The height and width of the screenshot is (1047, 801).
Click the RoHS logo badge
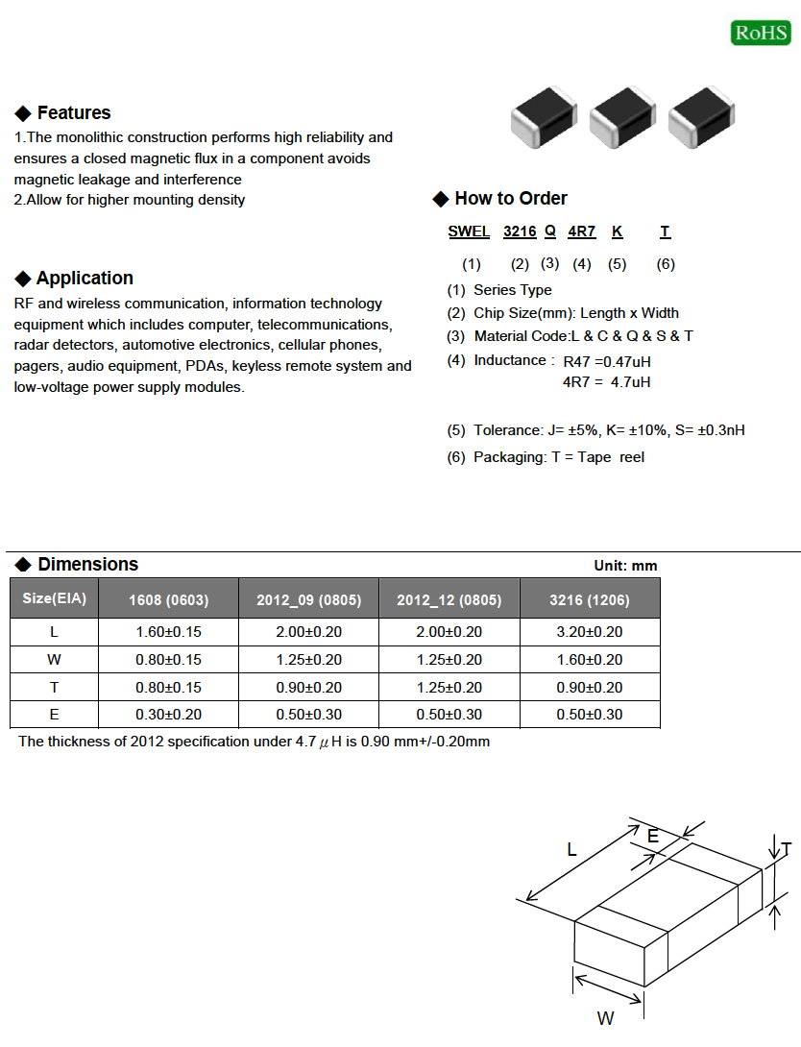(761, 33)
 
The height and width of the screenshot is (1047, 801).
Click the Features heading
(73, 113)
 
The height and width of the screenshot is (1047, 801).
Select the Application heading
(85, 279)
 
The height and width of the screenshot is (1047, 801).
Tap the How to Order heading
(510, 199)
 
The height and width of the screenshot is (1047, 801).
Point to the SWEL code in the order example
(470, 231)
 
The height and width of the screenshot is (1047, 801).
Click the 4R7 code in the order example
(582, 231)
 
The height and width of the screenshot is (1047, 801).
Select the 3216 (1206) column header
(590, 600)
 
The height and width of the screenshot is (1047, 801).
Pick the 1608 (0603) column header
(169, 600)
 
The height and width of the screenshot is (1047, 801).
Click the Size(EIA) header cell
(55, 598)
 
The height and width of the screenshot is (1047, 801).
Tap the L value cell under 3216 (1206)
(590, 632)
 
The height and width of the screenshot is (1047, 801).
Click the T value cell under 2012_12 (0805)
(449, 688)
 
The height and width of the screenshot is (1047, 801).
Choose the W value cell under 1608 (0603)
(169, 660)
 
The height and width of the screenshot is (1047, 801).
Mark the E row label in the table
(55, 715)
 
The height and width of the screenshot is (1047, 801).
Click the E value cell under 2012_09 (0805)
(308, 715)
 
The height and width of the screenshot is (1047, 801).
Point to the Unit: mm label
(625, 566)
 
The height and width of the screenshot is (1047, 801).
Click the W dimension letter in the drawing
(605, 1019)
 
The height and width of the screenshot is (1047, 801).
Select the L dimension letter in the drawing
(571, 850)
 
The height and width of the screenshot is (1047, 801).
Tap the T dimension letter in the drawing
(786, 850)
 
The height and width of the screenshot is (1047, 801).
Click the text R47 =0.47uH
(607, 362)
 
